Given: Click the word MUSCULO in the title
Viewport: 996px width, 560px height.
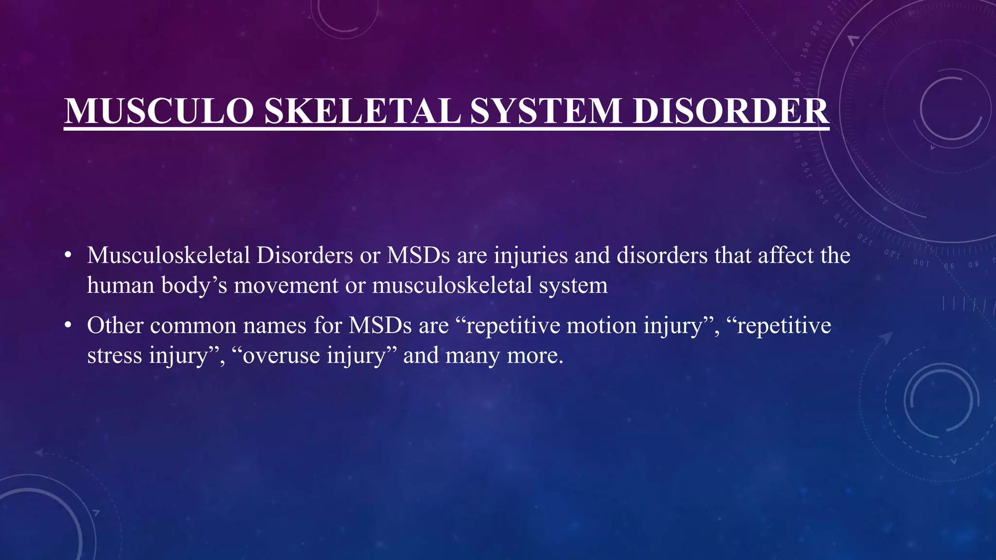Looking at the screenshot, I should [159, 111].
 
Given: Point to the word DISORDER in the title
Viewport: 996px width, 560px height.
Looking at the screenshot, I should [730, 111].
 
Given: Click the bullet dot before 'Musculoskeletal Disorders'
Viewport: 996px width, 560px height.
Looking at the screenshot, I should [68, 255].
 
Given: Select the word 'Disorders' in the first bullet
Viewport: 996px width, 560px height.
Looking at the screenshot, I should [304, 256].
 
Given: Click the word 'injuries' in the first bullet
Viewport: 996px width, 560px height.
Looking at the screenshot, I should [531, 256].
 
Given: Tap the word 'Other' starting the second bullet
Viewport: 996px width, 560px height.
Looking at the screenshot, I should [115, 325].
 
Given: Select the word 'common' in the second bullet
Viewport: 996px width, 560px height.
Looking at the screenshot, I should [193, 326].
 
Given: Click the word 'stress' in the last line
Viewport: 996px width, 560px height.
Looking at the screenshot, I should [115, 355].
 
